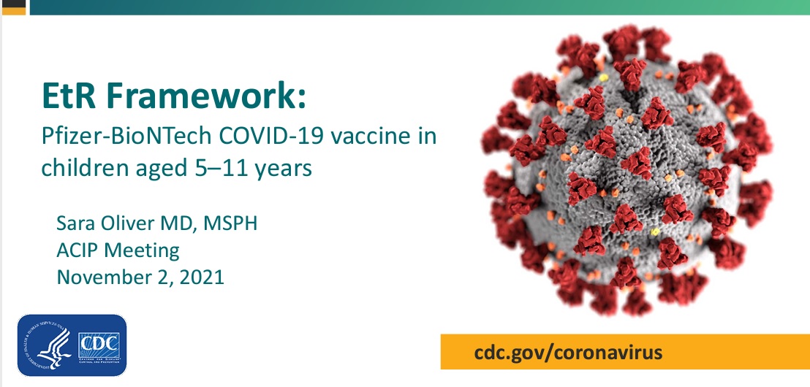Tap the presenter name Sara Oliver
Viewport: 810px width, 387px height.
coord(107,224)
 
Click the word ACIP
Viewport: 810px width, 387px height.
coord(77,250)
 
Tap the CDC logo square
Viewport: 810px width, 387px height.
coord(99,345)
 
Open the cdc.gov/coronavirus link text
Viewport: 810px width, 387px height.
coord(568,353)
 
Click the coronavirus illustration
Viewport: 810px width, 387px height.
coord(627,171)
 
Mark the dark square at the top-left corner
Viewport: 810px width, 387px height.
coord(13,7)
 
